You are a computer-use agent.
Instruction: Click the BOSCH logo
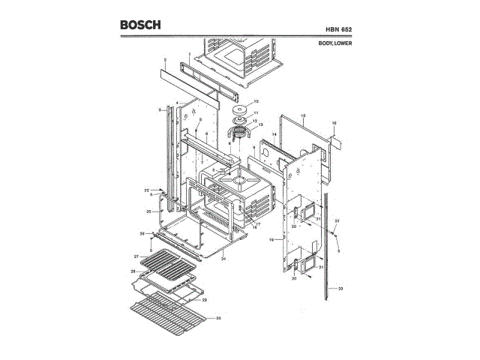tap(140, 25)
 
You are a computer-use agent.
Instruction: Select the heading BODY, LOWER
tap(334, 43)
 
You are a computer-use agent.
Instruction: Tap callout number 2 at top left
tap(165, 59)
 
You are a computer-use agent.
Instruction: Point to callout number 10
tap(256, 101)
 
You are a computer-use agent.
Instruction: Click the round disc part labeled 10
tap(241, 103)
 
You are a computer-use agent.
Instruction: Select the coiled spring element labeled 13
tap(239, 134)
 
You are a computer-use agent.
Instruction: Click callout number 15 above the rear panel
tap(303, 116)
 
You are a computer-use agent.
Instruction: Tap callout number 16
tap(334, 122)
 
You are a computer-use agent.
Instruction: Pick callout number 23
tap(340, 289)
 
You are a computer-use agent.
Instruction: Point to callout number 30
tap(218, 318)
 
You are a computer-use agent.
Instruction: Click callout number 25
tap(148, 212)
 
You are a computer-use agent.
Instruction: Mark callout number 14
tap(274, 134)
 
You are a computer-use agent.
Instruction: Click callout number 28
tap(132, 271)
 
